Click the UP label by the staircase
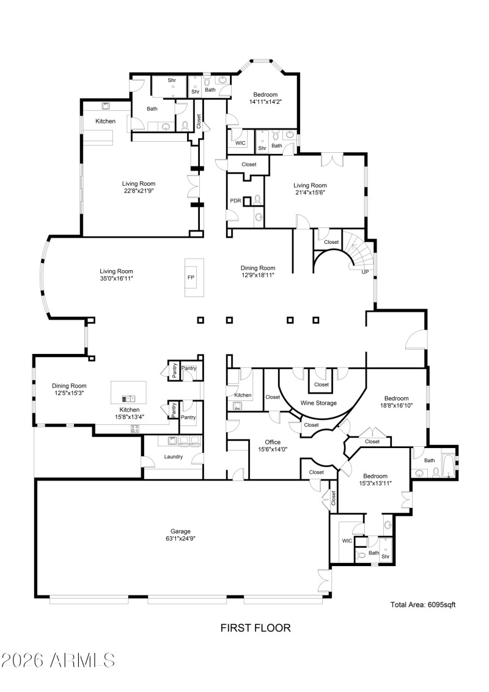click(x=366, y=272)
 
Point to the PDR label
click(x=235, y=200)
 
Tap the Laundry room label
click(x=174, y=457)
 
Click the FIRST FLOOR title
click(x=255, y=628)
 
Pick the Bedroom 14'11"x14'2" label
click(x=265, y=98)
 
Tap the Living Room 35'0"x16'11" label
click(x=116, y=274)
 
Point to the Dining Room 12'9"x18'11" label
click(x=257, y=271)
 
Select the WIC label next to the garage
click(x=347, y=540)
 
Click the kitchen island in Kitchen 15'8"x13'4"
click(x=128, y=392)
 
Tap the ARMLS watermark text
click(x=58, y=660)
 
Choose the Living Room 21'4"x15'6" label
click(x=310, y=188)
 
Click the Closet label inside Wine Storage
click(x=321, y=385)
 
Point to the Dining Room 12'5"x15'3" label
click(x=69, y=389)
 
